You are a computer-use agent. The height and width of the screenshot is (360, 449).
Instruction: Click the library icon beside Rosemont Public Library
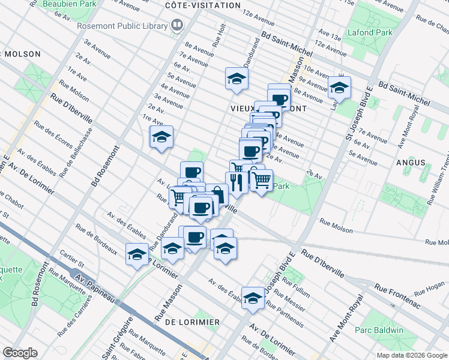177,25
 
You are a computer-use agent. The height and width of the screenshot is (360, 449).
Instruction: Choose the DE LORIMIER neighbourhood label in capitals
191,322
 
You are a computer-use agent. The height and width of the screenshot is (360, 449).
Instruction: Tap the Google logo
20,353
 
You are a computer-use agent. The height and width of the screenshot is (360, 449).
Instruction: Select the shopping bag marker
216,194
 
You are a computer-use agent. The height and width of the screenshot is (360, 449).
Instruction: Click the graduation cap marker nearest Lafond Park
339,87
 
